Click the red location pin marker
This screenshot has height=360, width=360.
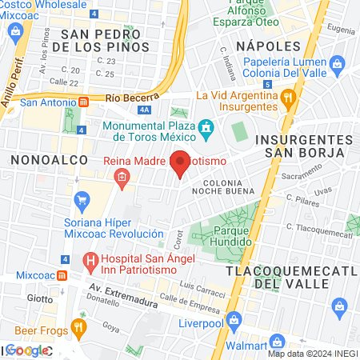[x=181, y=162]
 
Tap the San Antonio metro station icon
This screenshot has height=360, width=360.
[x=83, y=102]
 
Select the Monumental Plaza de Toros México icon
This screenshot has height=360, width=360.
[x=206, y=126]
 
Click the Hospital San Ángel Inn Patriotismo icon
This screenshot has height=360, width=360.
[x=90, y=260]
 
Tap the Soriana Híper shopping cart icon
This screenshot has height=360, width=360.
[x=80, y=199]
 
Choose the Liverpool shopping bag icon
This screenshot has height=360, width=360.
[x=234, y=320]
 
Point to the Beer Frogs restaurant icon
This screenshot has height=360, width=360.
[x=78, y=327]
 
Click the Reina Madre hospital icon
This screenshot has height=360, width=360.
[x=122, y=182]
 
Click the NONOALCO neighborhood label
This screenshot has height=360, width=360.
[x=42, y=160]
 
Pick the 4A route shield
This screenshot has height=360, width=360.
[x=144, y=110]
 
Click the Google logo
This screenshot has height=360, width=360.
[x=26, y=350]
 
